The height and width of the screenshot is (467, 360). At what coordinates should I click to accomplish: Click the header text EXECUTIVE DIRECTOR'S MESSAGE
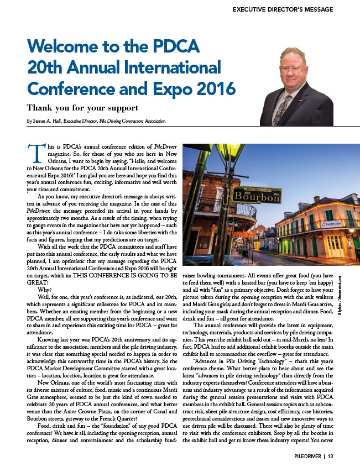(x=282, y=9)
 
